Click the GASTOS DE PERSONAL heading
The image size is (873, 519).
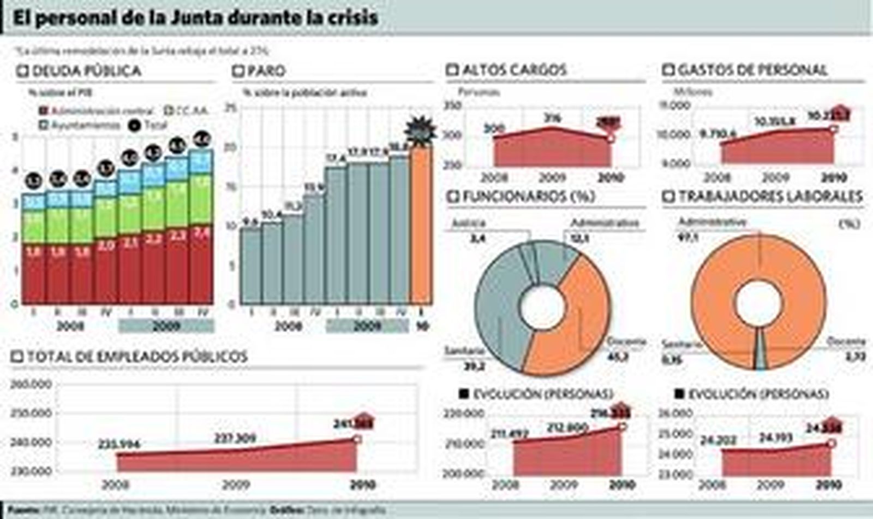pos(752,70)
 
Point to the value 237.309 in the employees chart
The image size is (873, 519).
pos(235,438)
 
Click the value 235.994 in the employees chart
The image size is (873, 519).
pos(119,445)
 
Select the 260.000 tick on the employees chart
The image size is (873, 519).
pos(32,385)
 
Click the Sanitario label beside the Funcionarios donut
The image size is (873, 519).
pos(464,351)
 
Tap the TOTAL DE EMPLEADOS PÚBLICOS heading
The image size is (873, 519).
pos(137,357)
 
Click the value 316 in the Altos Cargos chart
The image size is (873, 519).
pos(552,117)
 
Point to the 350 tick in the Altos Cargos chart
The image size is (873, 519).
pos(453,105)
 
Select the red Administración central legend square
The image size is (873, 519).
pos(44,111)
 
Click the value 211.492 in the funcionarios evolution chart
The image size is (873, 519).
pos(509,434)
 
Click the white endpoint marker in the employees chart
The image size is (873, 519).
pos(357,439)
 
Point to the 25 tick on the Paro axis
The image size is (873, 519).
pos(231,108)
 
